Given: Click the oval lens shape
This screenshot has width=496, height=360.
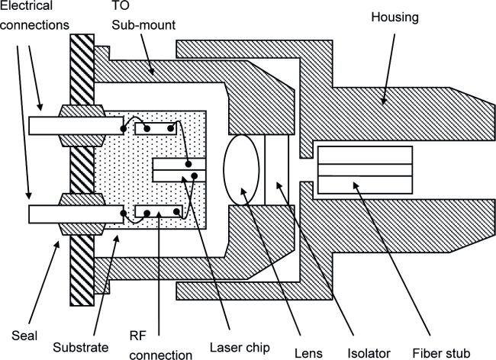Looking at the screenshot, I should coord(242,169).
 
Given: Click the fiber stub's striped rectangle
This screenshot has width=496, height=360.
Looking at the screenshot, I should coord(365,169).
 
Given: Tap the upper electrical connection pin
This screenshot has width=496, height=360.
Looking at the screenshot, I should coord(57,124).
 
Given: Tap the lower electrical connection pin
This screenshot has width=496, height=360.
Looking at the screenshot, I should coord(57,214).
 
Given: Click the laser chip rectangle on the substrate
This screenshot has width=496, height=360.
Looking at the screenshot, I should coord(179,169).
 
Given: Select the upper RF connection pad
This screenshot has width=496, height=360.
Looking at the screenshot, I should coord(156,127).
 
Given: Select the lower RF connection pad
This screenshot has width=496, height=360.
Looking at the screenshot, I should coord(156,211).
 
